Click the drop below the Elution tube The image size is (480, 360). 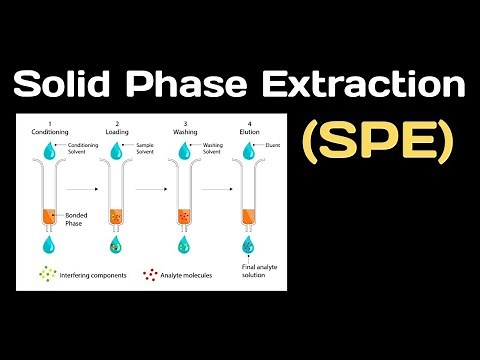pyautogui.click(x=248, y=245)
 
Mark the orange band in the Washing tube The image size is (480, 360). pyautogui.click(x=183, y=215)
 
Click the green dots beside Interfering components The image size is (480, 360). pyautogui.click(x=47, y=274)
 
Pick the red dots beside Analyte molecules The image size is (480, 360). pyautogui.click(x=152, y=274)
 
